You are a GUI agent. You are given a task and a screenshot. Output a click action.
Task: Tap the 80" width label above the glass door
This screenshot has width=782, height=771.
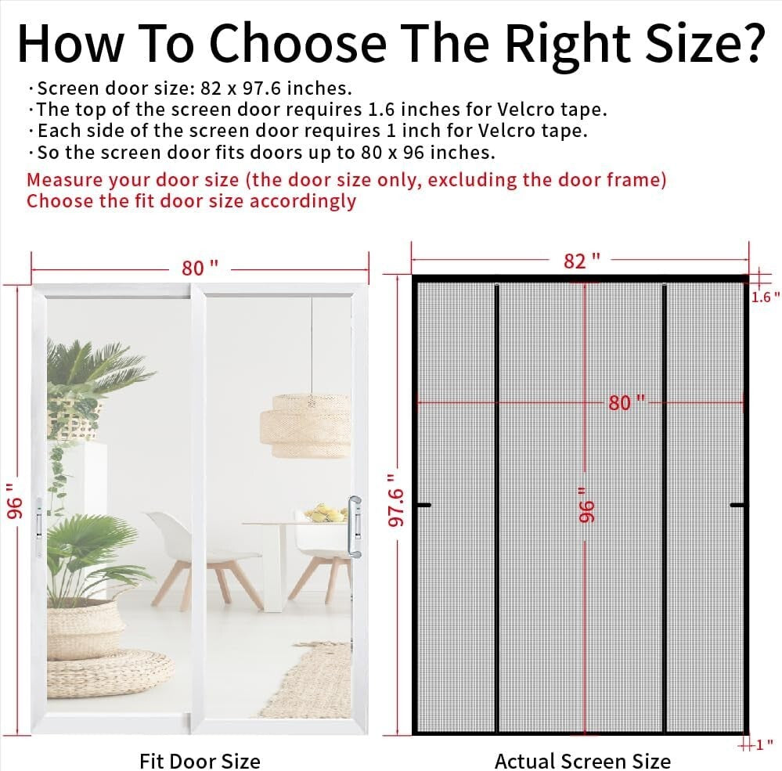tap(200, 268)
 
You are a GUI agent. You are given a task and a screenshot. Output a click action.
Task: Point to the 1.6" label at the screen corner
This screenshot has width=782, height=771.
tap(766, 297)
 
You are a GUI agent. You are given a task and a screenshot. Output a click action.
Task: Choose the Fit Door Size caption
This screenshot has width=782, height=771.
tap(200, 760)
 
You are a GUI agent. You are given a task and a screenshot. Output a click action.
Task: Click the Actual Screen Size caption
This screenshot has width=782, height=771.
tap(582, 760)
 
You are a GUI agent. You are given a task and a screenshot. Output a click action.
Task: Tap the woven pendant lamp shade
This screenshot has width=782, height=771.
tap(312, 424)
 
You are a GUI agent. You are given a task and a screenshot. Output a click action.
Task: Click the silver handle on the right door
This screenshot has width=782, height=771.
tap(356, 526)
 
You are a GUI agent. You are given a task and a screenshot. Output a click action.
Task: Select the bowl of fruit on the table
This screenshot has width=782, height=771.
tap(325, 513)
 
